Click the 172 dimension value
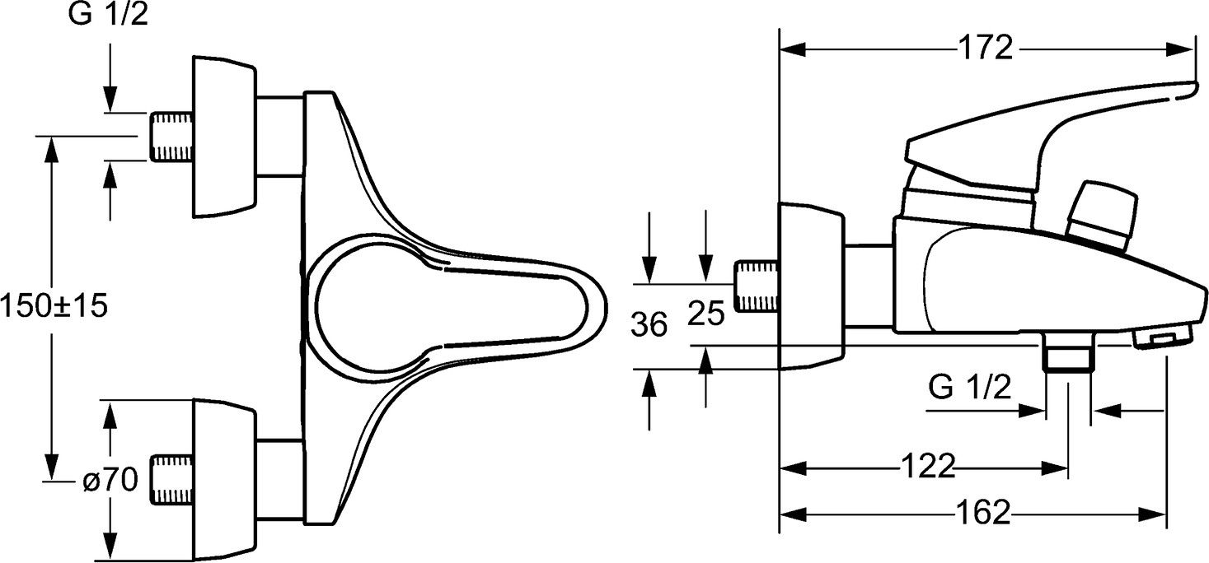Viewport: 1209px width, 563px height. point(986,48)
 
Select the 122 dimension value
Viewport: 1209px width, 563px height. point(928,466)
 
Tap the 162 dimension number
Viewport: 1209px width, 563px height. point(983,512)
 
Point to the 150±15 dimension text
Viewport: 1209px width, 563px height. point(54,305)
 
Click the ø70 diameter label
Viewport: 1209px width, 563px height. point(110,479)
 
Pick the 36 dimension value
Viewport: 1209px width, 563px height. point(649,325)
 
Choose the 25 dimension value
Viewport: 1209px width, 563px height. point(706,314)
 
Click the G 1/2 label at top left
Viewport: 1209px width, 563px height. point(108,14)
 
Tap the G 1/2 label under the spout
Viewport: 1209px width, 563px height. point(970,387)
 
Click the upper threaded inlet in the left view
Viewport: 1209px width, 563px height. point(171,137)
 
